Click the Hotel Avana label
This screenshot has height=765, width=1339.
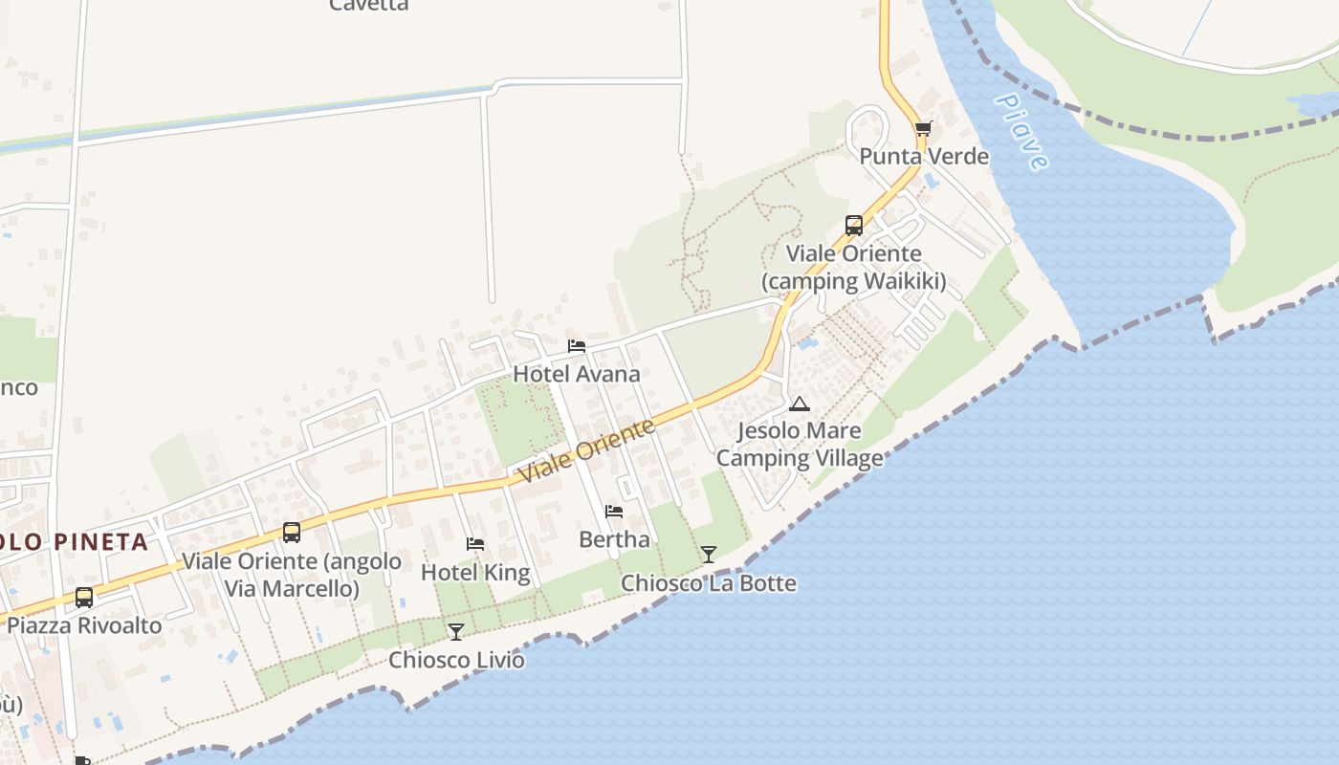576,374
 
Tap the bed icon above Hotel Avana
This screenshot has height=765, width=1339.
576,346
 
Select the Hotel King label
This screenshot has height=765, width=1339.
475,573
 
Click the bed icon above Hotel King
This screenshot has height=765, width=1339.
475,544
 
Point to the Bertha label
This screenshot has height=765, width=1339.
614,539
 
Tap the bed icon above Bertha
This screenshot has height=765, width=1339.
614,512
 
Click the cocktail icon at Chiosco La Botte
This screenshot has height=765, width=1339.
709,555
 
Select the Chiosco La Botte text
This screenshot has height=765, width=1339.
709,583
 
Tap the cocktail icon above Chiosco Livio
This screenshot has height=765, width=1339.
456,631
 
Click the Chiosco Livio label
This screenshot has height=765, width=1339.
456,660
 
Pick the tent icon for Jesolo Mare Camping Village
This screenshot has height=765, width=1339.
800,404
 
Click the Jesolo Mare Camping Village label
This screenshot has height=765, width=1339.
800,445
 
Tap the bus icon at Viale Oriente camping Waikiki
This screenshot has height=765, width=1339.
854,226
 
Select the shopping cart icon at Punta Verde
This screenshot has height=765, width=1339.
923,128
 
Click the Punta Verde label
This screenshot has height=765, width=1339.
924,156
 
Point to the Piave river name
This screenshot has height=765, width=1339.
1021,131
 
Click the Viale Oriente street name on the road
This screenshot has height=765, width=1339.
585,450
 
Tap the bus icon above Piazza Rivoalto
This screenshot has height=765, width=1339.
84,598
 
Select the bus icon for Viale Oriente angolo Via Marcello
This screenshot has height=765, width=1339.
292,533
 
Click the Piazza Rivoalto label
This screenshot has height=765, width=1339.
84,626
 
